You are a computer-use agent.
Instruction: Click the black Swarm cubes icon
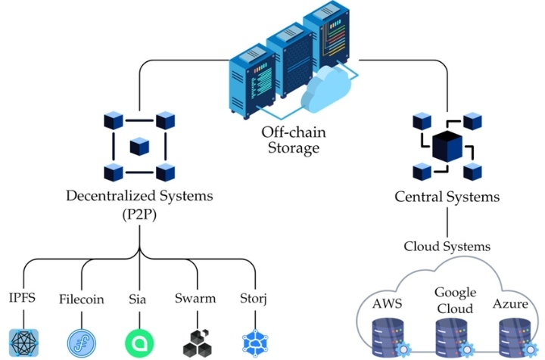click(x=198, y=342)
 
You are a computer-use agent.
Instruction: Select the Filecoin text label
click(x=81, y=298)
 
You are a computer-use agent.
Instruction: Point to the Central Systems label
click(x=447, y=197)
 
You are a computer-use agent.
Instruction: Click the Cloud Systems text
click(x=447, y=247)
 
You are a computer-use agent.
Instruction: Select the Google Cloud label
click(x=455, y=300)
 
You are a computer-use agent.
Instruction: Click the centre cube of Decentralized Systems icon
click(x=139, y=145)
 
